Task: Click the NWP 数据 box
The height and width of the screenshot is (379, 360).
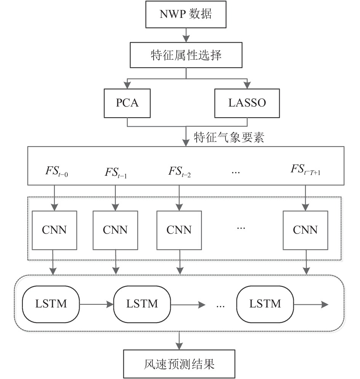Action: point(186,14)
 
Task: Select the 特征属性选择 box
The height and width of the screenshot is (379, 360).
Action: point(186,55)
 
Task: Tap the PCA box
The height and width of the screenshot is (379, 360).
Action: point(127,103)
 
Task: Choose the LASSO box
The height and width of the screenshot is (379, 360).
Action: point(247,103)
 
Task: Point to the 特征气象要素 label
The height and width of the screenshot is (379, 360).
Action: point(229,137)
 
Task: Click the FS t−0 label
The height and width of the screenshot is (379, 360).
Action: point(57,171)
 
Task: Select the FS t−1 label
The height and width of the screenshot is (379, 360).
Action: point(116,173)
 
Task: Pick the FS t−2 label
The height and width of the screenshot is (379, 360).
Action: point(179,172)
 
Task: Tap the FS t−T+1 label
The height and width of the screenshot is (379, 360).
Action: point(305,169)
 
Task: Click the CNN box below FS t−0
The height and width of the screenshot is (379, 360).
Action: point(54,230)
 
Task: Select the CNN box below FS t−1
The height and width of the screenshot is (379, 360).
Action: point(115,230)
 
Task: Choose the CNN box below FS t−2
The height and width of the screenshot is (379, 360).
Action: point(179,230)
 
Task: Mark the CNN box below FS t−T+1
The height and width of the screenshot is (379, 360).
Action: point(305,230)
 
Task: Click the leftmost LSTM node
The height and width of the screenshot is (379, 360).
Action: point(51,304)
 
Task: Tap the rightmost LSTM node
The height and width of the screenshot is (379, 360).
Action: point(265,304)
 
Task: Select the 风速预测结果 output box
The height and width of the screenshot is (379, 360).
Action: point(179,364)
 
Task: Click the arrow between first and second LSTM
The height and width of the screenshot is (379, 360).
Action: point(96,304)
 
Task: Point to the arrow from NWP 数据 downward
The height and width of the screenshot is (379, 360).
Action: point(186,35)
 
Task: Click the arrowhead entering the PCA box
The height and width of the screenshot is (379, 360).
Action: point(127,85)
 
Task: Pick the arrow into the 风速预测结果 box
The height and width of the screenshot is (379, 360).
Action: point(179,341)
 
